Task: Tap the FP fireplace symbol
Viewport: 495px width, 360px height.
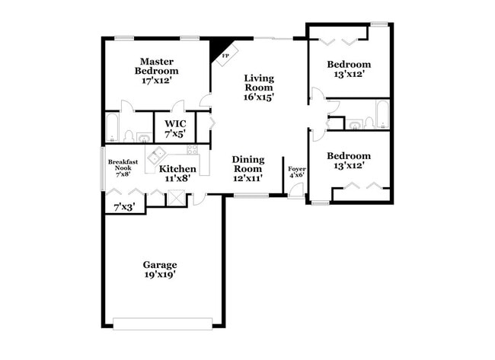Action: (x=225, y=55)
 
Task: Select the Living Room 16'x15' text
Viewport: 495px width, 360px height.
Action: (x=259, y=87)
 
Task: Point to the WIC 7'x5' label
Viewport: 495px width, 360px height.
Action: (x=175, y=128)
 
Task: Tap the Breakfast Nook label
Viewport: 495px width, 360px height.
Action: (x=122, y=167)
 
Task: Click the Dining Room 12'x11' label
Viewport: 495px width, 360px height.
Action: (x=247, y=168)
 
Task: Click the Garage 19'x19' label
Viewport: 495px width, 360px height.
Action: (x=160, y=269)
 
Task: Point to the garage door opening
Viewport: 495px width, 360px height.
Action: (x=162, y=323)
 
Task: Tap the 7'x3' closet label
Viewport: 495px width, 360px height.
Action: (x=123, y=206)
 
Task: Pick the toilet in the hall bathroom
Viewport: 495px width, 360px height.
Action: (x=369, y=122)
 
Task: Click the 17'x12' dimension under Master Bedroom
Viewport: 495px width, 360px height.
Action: (x=156, y=79)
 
